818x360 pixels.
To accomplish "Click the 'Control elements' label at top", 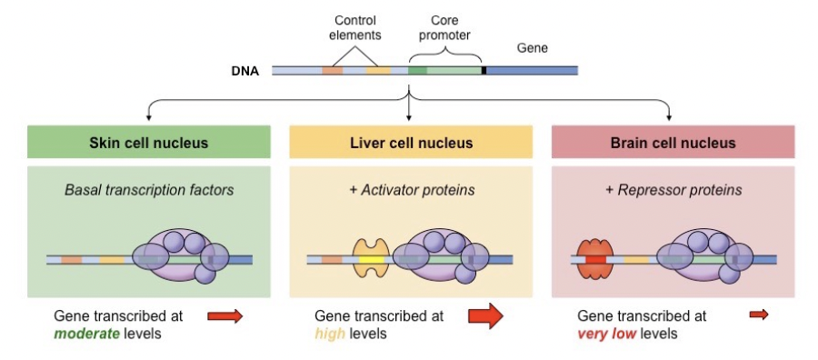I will pos(354,28).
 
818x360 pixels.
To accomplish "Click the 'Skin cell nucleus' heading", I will pos(148,143).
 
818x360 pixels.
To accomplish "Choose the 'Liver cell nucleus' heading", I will pos(411,143).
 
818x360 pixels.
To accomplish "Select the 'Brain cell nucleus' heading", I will pos(673,143).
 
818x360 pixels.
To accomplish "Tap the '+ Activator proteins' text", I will pos(411,190).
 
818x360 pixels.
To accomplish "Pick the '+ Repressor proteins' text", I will pos(673,190).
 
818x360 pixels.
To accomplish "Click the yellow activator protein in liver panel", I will pos(370,259).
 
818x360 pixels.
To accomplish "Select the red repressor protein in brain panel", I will pos(595,259).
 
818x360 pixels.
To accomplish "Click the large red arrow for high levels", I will pos(484,316).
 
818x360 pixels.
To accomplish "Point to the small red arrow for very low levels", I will pos(758,315).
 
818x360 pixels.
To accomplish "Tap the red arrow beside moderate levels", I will pos(224,315).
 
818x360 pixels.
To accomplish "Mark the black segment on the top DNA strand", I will pos(484,70).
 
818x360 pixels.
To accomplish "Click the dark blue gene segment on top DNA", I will pos(532,70).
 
